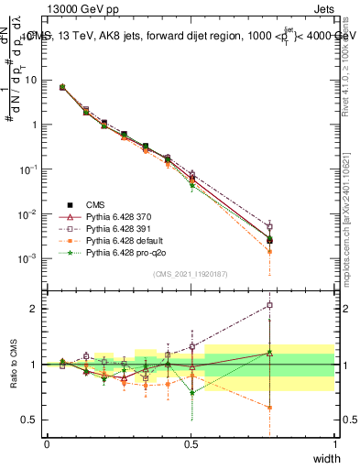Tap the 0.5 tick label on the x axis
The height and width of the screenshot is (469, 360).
pyautogui.click(x=191, y=442)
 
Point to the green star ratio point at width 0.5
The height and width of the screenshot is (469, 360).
pyautogui.click(x=191, y=393)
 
